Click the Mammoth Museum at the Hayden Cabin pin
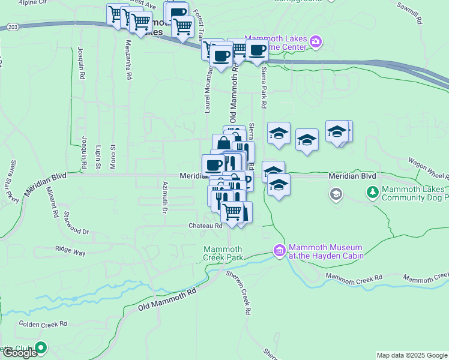pyautogui.click(x=279, y=251)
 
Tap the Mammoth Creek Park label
pyautogui.click(x=223, y=254)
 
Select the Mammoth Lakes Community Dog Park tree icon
pyautogui.click(x=372, y=193)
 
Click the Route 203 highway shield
pyautogui.click(x=13, y=27)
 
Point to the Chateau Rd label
pyautogui.click(x=206, y=226)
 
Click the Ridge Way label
pyautogui.click(x=70, y=251)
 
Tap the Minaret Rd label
pyautogui.click(x=52, y=202)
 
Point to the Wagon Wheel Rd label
pyautogui.click(x=428, y=168)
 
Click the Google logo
pyautogui.click(x=19, y=353)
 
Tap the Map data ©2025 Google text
pyautogui.click(x=411, y=355)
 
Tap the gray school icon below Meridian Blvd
pyautogui.click(x=336, y=194)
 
